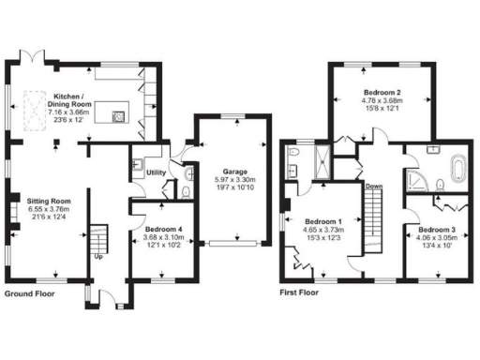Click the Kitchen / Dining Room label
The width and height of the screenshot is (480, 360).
click(x=71, y=100)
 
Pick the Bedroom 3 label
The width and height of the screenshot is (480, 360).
click(x=436, y=231)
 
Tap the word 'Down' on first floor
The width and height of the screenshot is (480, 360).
click(x=374, y=186)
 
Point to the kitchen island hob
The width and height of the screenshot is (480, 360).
click(x=119, y=117)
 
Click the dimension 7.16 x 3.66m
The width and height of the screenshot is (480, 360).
click(x=71, y=111)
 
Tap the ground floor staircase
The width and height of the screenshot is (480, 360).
click(x=98, y=236)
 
